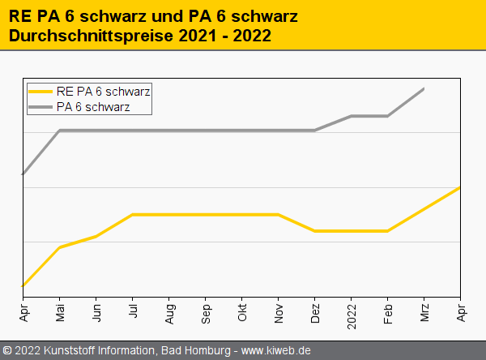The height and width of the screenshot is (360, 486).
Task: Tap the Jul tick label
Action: point(133,312)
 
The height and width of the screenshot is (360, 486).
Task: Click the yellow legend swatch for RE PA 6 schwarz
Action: point(41,92)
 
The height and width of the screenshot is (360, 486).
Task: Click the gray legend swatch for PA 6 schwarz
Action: point(41,106)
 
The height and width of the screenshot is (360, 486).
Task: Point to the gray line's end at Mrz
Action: point(424,88)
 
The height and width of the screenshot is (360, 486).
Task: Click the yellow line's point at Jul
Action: point(133,215)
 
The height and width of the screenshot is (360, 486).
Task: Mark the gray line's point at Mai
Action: point(60,131)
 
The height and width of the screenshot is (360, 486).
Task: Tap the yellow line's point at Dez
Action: point(315,231)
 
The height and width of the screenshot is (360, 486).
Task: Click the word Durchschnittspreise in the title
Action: point(83,36)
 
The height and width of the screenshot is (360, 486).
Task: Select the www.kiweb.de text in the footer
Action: point(276,350)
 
